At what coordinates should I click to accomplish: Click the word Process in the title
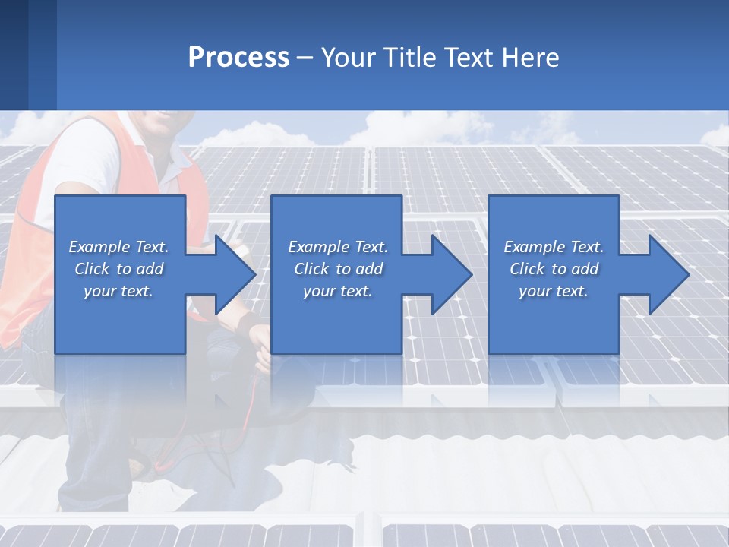click(238, 57)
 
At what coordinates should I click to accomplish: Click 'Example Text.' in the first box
click(118, 247)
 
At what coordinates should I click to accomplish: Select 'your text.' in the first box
click(118, 291)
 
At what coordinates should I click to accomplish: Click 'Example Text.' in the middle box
click(338, 247)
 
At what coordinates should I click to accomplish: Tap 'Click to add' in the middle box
click(338, 269)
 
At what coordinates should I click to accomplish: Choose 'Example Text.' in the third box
click(554, 247)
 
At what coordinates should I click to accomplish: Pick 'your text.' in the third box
click(554, 291)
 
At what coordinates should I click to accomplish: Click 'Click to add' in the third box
click(554, 269)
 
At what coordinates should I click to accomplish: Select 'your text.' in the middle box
click(338, 291)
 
